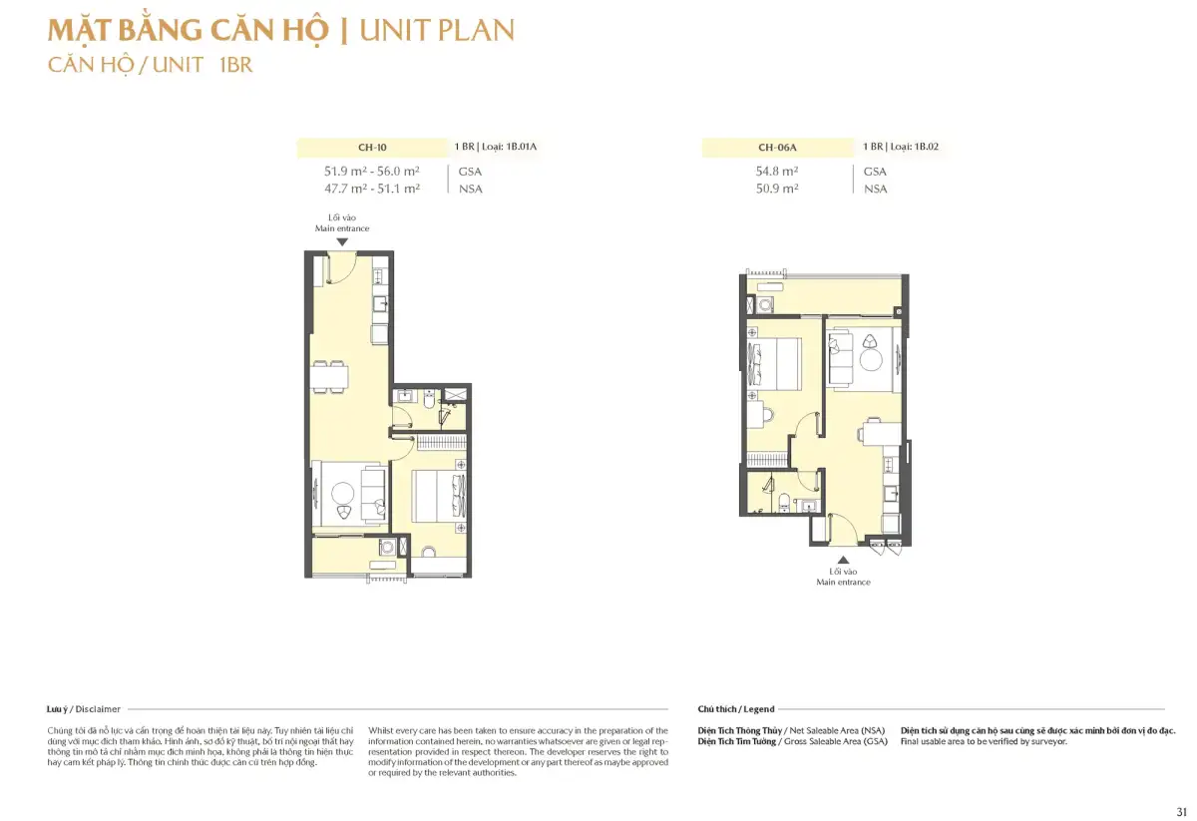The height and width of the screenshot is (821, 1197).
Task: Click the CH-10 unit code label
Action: click(x=372, y=148)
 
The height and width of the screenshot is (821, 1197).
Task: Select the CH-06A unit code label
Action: click(x=777, y=148)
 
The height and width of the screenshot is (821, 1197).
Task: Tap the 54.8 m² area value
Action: click(x=776, y=171)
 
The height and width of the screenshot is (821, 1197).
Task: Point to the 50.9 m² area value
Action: click(x=776, y=189)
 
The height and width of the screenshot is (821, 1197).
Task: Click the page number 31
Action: click(x=1181, y=811)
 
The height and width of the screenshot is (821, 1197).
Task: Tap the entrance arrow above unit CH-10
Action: click(x=342, y=242)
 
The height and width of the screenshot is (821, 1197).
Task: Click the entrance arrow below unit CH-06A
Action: click(x=843, y=561)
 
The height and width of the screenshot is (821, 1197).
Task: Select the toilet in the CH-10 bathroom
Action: click(x=429, y=399)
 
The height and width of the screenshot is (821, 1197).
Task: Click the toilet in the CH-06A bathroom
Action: click(x=783, y=502)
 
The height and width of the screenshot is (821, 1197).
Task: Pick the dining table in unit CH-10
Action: click(x=329, y=377)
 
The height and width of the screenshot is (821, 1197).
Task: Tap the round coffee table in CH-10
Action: click(x=342, y=493)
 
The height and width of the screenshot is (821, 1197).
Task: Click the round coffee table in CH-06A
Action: click(x=871, y=360)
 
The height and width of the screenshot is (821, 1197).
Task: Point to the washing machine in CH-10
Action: click(x=387, y=547)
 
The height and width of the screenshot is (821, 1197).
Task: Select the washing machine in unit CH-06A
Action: click(x=766, y=304)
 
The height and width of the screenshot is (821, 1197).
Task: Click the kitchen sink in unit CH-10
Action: click(x=380, y=304)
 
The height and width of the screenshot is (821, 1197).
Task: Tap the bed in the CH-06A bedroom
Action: click(x=774, y=363)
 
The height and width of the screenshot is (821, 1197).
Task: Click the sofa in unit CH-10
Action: click(x=373, y=494)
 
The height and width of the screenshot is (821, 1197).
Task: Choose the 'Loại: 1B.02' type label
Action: click(x=914, y=147)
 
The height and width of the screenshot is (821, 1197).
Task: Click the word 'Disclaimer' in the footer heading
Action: click(x=98, y=709)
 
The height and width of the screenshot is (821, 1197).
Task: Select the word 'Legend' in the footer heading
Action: click(x=759, y=709)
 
